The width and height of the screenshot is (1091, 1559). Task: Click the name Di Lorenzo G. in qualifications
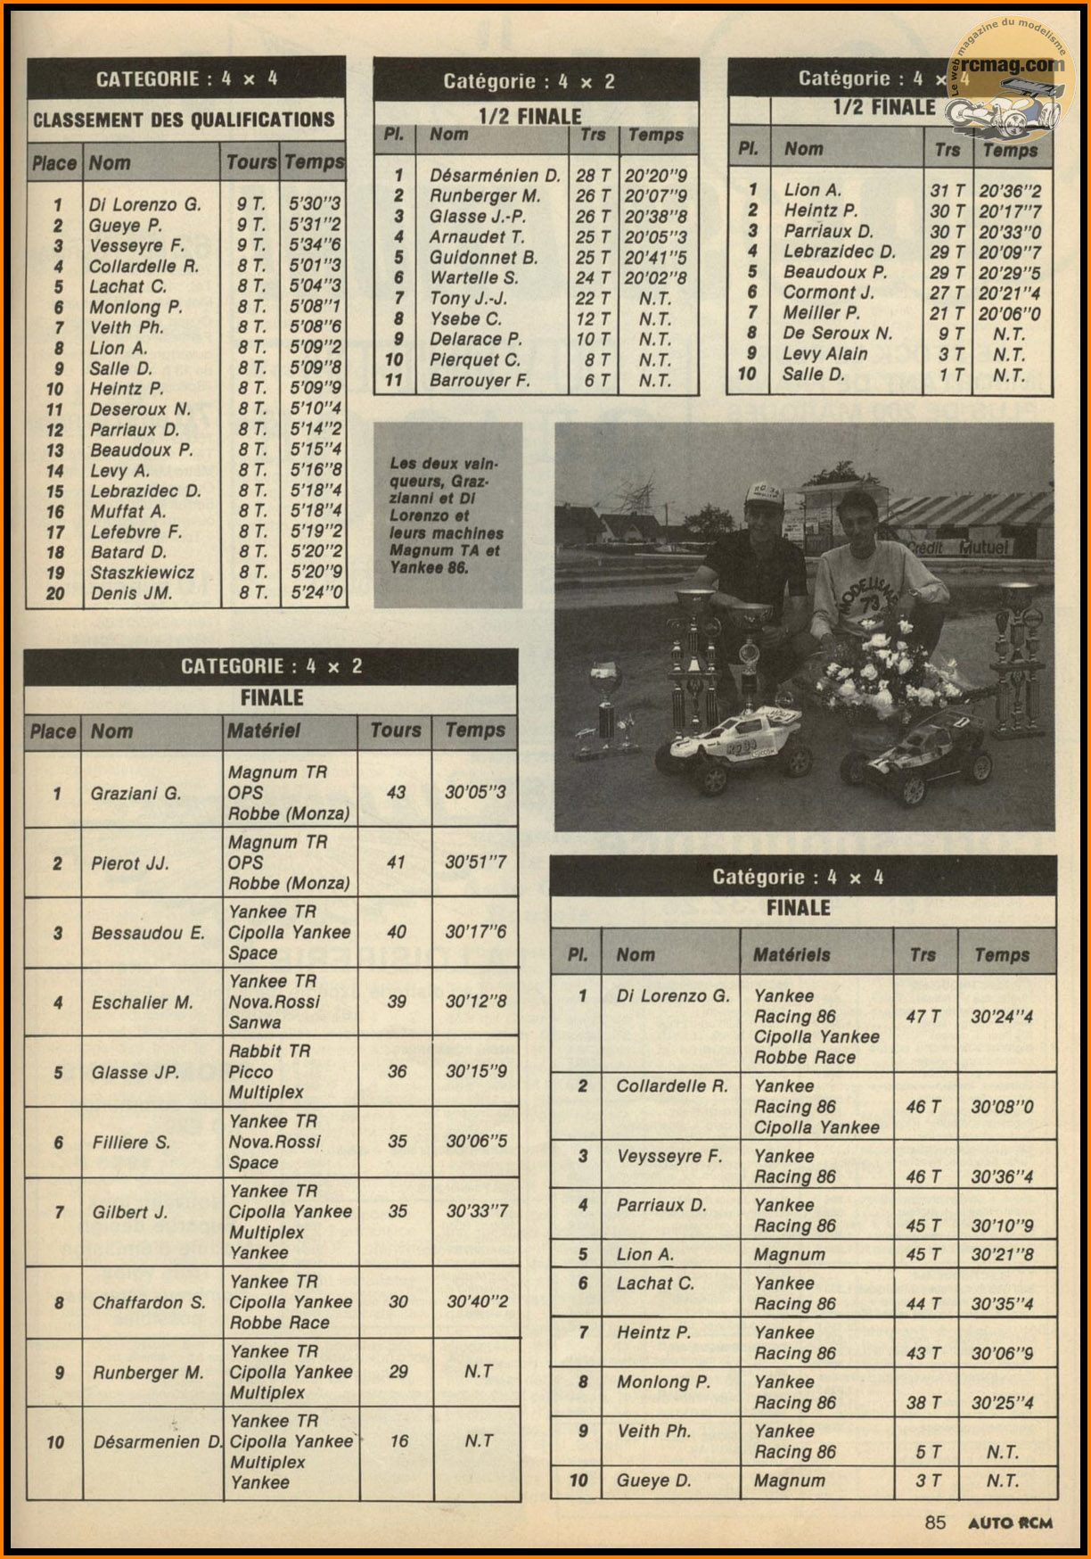[x=144, y=204]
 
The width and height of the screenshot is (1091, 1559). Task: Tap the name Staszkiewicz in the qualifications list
[x=142, y=573]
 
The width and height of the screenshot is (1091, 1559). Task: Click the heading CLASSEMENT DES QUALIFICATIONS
[x=184, y=120]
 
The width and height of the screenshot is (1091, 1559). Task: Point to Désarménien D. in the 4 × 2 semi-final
[x=495, y=176]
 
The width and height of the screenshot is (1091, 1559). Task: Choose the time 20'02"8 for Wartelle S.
[x=655, y=277]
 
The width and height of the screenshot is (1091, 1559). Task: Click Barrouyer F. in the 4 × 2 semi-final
[x=480, y=381]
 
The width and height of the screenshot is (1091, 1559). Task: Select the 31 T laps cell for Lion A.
[x=947, y=190]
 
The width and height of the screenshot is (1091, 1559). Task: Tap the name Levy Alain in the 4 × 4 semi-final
[x=824, y=353]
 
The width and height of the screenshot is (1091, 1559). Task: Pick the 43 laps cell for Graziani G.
[x=396, y=792]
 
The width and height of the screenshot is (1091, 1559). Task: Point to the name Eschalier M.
[x=143, y=1002]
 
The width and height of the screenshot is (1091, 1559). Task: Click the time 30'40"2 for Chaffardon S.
[x=477, y=1302]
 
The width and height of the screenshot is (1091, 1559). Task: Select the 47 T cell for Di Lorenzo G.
[x=923, y=1017]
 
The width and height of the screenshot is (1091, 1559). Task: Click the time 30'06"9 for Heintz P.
[x=1002, y=1353]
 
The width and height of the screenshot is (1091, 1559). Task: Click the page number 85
[x=935, y=1522]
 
